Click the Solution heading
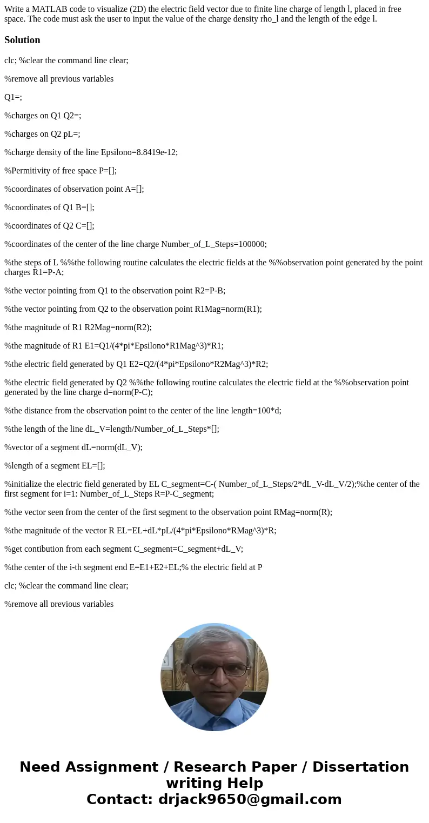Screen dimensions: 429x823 pyautogui.click(x=22, y=40)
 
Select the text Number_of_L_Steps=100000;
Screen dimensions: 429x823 pyautogui.click(x=213, y=244)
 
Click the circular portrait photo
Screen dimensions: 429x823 pyautogui.click(x=215, y=677)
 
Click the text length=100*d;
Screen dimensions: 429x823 pyautogui.click(x=252, y=410)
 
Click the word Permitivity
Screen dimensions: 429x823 pyautogui.click(x=30, y=171)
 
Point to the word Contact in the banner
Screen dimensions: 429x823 pyautogui.click(x=118, y=799)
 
